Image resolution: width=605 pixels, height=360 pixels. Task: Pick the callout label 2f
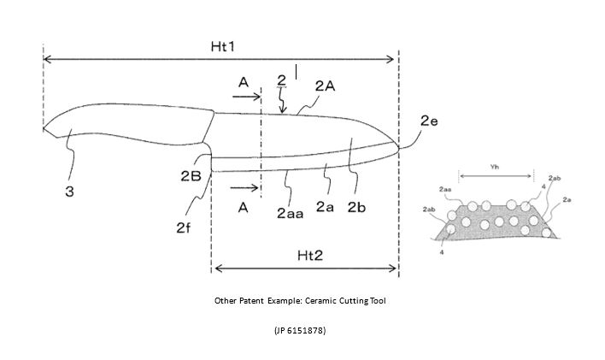(184, 227)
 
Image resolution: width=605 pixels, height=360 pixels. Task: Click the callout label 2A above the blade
(325, 86)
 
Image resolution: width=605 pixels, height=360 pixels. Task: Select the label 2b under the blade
(357, 207)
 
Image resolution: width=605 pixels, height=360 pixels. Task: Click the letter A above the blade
(244, 82)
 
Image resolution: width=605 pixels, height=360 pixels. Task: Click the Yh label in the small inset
(494, 168)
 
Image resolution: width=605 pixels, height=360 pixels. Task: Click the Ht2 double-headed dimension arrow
(305, 269)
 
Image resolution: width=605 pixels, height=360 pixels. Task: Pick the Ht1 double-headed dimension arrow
(220, 59)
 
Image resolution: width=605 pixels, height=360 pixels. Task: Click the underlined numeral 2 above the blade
(282, 80)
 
